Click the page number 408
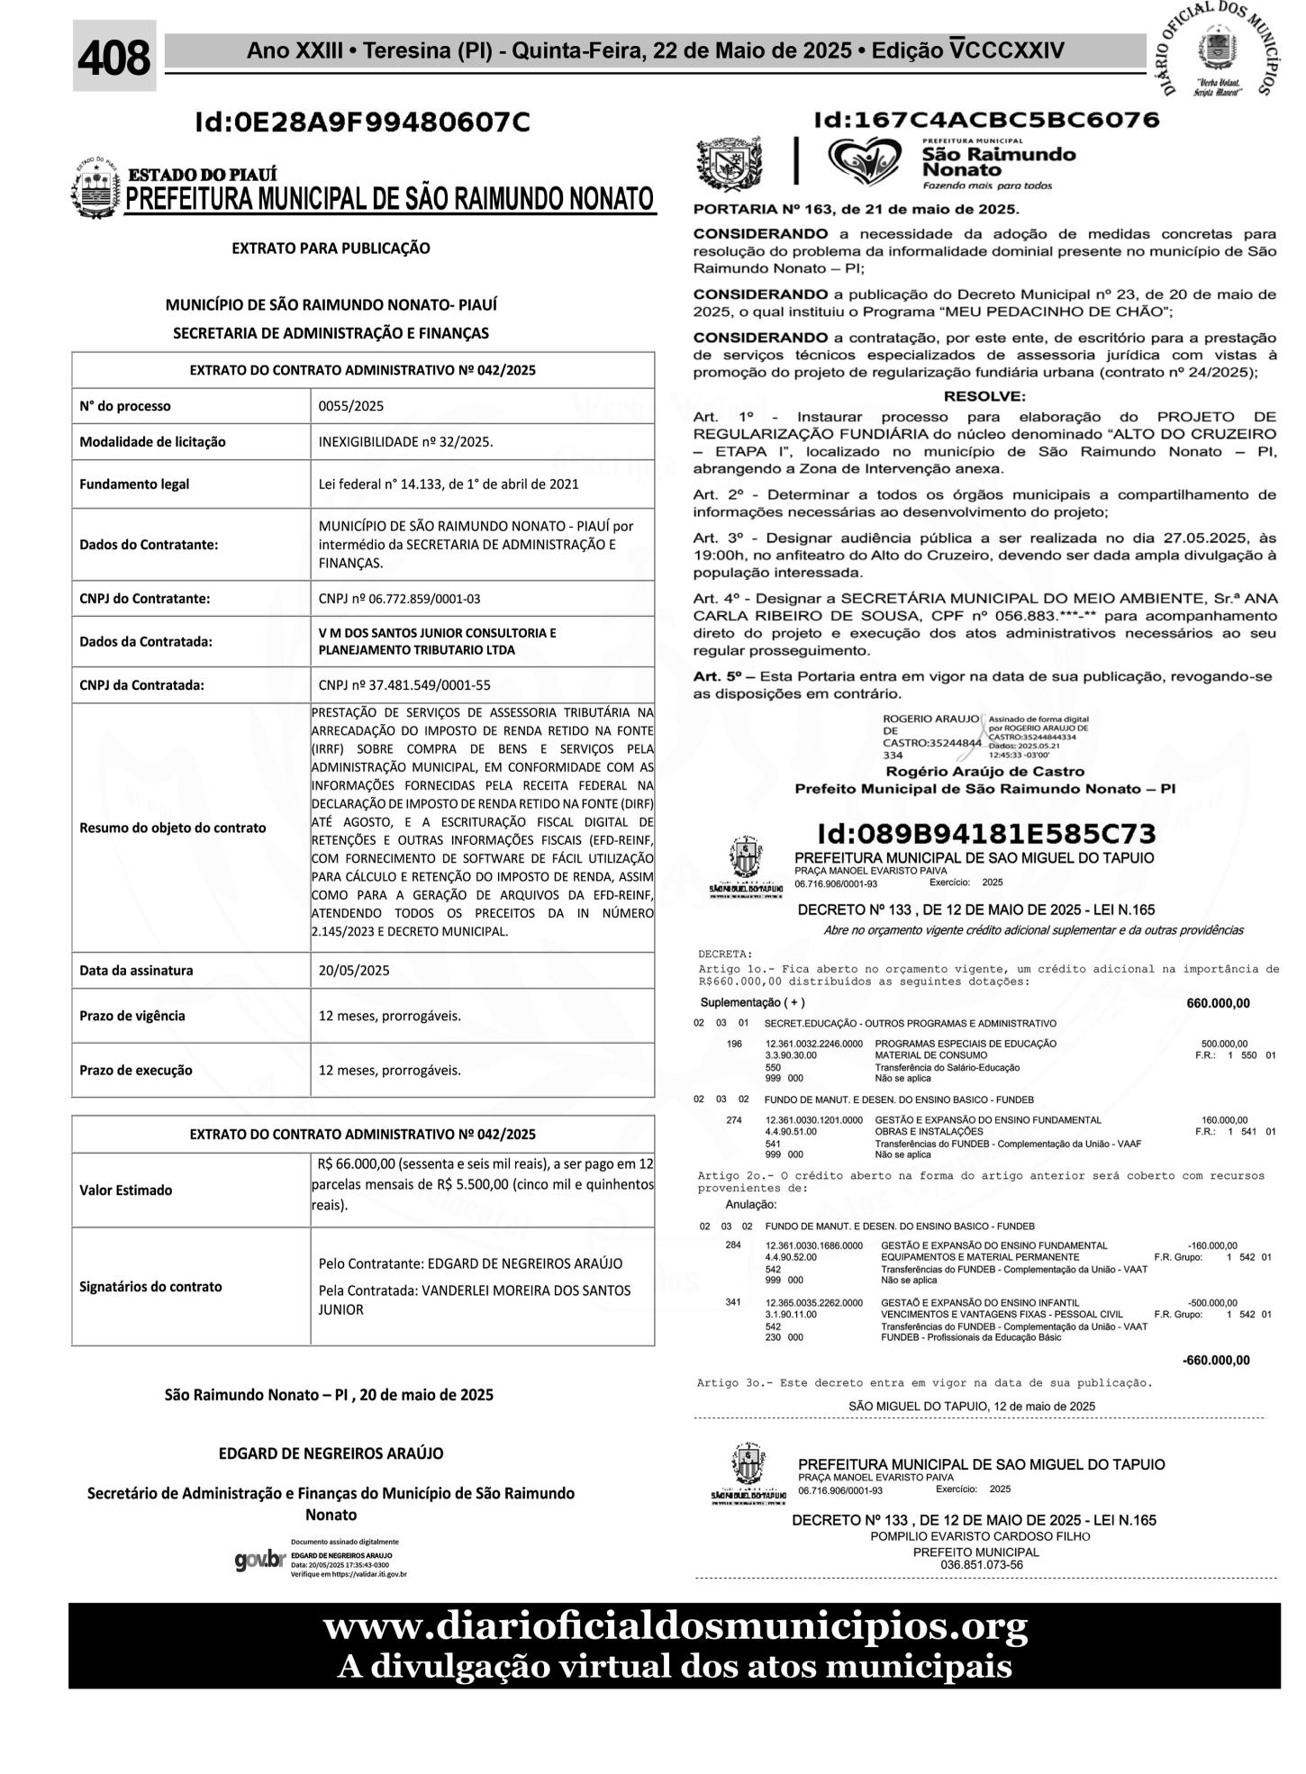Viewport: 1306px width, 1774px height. pos(114,58)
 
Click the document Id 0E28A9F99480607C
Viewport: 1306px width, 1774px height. pos(363,122)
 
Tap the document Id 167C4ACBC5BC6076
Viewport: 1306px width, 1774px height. pos(986,120)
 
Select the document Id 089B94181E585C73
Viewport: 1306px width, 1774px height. pos(986,834)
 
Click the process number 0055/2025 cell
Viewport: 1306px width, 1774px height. pos(351,406)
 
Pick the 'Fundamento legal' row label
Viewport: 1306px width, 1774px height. pos(134,484)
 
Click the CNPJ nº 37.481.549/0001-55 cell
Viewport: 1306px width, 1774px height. pos(404,685)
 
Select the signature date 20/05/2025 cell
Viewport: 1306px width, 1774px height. pos(354,971)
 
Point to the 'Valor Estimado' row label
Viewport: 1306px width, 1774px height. pos(125,1190)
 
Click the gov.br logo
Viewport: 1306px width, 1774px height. pos(259,1560)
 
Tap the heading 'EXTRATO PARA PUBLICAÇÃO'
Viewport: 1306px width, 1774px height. pos(331,248)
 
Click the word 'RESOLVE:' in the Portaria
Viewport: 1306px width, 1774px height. pos(984,396)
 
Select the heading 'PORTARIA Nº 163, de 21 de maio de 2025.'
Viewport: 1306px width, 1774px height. pos(856,210)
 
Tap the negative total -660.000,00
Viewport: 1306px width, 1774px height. pos(1215,1360)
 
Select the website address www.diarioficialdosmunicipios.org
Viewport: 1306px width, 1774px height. pos(675,1627)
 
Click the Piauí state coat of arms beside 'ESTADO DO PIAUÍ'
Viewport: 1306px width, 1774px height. pos(95,187)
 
